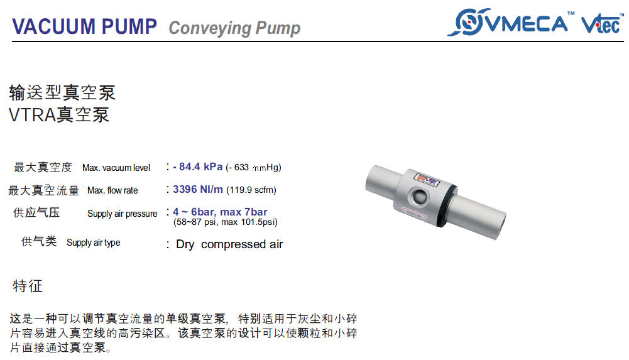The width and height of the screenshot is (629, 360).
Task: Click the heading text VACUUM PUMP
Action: tap(84, 26)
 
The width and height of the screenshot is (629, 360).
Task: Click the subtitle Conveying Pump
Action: tap(234, 28)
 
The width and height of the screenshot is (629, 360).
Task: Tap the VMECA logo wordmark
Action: tap(527, 23)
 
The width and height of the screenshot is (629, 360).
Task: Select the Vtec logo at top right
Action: tap(602, 24)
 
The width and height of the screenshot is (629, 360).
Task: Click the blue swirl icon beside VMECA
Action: tap(468, 22)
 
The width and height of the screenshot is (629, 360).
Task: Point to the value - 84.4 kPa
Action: tap(197, 166)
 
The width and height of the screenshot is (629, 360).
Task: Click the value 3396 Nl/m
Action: tap(198, 189)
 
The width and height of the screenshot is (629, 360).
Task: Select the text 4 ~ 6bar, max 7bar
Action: tap(220, 212)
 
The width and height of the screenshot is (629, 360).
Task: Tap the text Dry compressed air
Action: tap(229, 244)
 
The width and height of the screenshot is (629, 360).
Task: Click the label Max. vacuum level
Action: tap(116, 168)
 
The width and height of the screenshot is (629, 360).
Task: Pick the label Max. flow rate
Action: tap(112, 190)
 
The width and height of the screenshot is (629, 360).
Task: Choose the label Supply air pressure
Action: tap(123, 214)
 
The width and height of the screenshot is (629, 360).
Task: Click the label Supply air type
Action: tap(94, 243)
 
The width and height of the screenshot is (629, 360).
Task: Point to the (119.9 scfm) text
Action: tap(251, 190)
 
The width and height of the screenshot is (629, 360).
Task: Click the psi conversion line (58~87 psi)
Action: tap(226, 222)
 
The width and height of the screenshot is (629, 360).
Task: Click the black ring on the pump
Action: tap(448, 205)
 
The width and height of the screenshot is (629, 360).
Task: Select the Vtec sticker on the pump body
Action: tap(427, 179)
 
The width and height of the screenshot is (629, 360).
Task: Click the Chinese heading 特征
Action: tap(28, 286)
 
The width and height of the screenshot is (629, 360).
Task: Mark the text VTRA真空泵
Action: tap(59, 115)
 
